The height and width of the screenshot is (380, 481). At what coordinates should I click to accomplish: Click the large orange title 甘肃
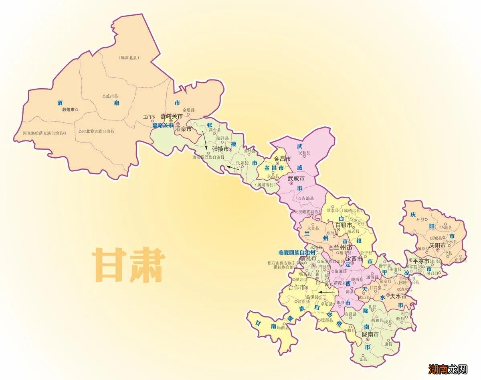[129, 265]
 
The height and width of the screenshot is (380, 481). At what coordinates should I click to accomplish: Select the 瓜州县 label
[111, 96]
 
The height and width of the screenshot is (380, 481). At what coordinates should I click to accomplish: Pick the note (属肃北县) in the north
[129, 58]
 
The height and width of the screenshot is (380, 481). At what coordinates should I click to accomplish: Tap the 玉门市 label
[149, 117]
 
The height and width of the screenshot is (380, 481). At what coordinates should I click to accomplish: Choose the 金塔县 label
[188, 110]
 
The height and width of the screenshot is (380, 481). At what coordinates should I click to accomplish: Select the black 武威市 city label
[296, 178]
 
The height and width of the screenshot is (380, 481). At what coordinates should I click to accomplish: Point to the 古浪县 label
[308, 198]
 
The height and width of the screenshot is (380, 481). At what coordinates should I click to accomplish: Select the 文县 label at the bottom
[363, 359]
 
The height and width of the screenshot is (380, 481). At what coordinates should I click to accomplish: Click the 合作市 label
[297, 287]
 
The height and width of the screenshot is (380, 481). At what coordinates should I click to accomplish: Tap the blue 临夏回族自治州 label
[297, 253]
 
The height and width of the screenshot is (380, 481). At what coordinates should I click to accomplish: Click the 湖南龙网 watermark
[448, 368]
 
